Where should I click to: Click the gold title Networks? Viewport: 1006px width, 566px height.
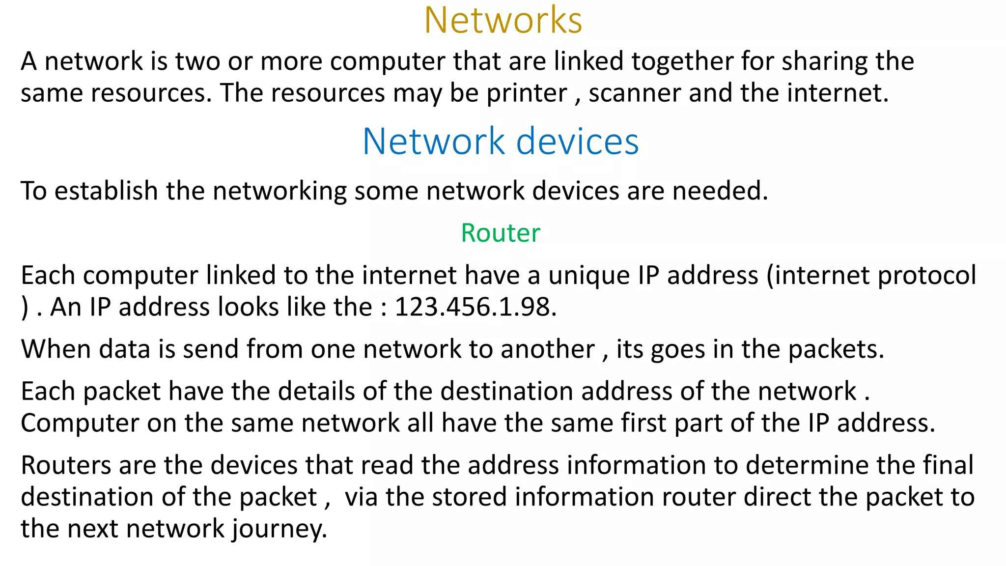point(503,21)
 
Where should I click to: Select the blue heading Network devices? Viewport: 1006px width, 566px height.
point(501,141)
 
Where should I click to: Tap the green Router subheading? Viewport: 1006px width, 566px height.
point(501,233)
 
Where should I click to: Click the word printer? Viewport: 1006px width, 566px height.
point(527,93)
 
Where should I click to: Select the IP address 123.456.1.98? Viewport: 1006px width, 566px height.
point(475,308)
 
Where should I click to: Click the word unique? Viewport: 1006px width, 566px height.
point(589,276)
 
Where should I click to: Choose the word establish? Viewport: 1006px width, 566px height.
point(106,191)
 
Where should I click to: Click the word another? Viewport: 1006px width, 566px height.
point(547,349)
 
